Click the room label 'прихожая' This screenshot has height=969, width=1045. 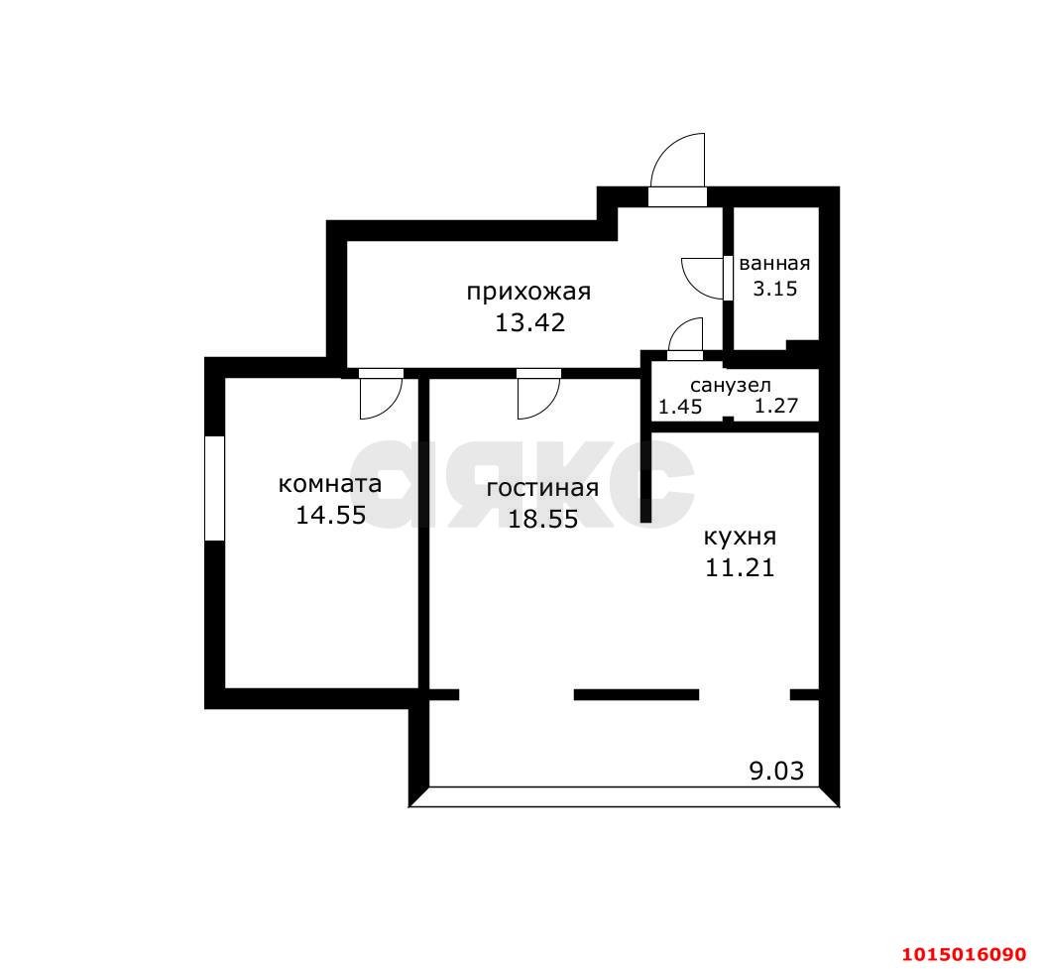coord(528,292)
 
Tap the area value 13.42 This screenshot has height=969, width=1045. coord(529,322)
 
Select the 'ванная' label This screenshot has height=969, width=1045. coord(774,264)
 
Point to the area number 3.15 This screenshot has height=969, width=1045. coord(774,289)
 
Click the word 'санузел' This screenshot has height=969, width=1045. coord(731,386)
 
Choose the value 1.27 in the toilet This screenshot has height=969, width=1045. coord(776,407)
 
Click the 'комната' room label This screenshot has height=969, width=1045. coord(330,485)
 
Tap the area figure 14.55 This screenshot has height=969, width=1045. coord(330,516)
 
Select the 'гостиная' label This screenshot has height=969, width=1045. coord(542,488)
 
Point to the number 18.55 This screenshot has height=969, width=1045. coord(542,519)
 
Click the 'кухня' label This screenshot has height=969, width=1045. coord(740,538)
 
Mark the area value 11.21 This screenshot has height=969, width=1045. coord(739,568)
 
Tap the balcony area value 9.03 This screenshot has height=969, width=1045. coord(776,771)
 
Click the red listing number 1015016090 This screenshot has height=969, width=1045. coord(963,954)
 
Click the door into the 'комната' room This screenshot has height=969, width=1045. coord(380,396)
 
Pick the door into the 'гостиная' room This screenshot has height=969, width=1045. coord(538,396)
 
